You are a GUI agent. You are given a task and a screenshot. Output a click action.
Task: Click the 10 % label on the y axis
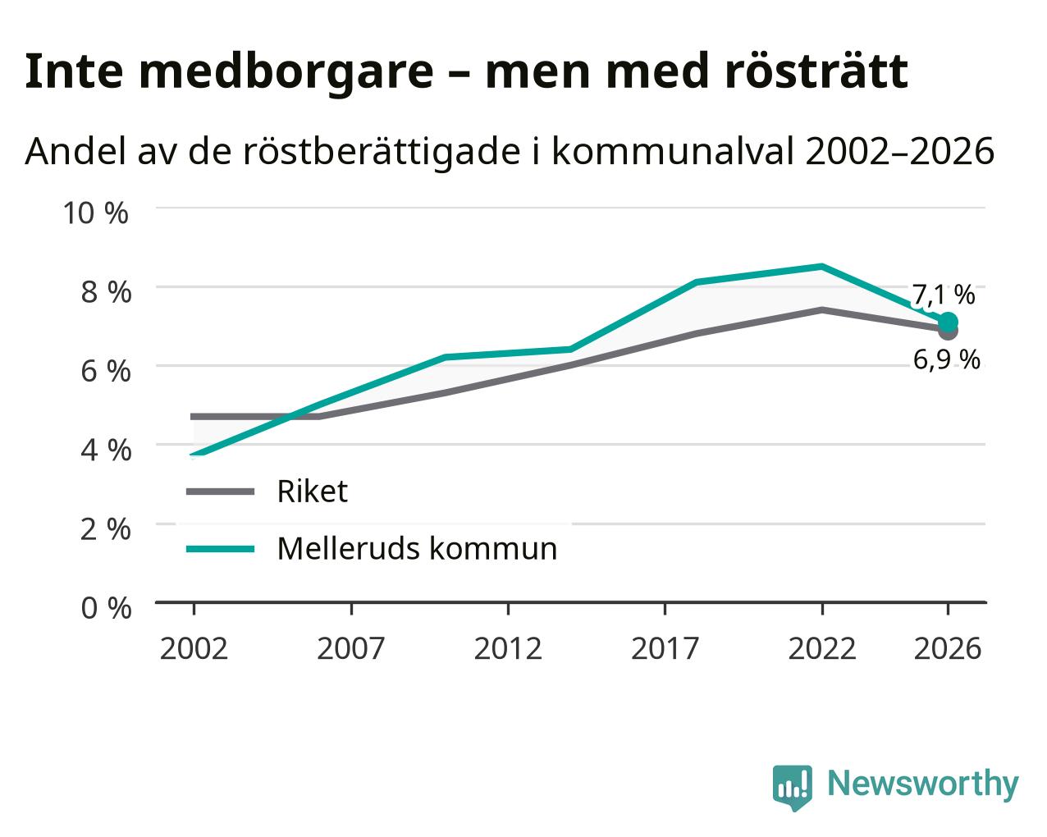pyautogui.click(x=96, y=213)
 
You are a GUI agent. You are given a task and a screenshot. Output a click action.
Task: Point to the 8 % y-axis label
pyautogui.click(x=106, y=292)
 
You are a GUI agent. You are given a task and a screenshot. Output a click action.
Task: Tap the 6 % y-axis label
pyautogui.click(x=106, y=371)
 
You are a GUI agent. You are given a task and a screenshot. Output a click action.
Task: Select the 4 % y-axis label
pyautogui.click(x=106, y=451)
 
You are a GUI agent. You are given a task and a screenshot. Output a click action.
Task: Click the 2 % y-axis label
pyautogui.click(x=106, y=529)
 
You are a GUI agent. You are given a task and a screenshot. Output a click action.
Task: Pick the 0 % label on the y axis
pyautogui.click(x=106, y=608)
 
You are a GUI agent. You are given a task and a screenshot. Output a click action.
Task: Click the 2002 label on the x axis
pyautogui.click(x=194, y=648)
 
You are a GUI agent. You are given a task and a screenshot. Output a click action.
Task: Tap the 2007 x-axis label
pyautogui.click(x=351, y=648)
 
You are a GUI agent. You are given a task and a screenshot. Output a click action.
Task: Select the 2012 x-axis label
pyautogui.click(x=508, y=648)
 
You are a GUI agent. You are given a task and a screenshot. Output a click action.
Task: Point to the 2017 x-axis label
pyautogui.click(x=665, y=648)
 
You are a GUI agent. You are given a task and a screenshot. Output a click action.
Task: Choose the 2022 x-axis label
pyautogui.click(x=822, y=648)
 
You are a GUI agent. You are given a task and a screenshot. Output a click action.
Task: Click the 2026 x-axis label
pyautogui.click(x=948, y=648)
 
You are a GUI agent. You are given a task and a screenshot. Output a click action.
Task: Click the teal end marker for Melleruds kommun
pyautogui.click(x=948, y=322)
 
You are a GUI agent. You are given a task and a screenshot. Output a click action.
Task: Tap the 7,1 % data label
pyautogui.click(x=943, y=295)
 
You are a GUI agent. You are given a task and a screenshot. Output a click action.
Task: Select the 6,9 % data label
pyautogui.click(x=946, y=360)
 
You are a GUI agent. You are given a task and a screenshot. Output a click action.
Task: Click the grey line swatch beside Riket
pyautogui.click(x=221, y=492)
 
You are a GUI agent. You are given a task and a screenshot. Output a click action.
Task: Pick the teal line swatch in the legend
pyautogui.click(x=221, y=549)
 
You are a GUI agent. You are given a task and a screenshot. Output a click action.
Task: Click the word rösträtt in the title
pyautogui.click(x=816, y=71)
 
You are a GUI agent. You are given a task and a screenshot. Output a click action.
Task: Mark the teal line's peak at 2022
pyautogui.click(x=822, y=266)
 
